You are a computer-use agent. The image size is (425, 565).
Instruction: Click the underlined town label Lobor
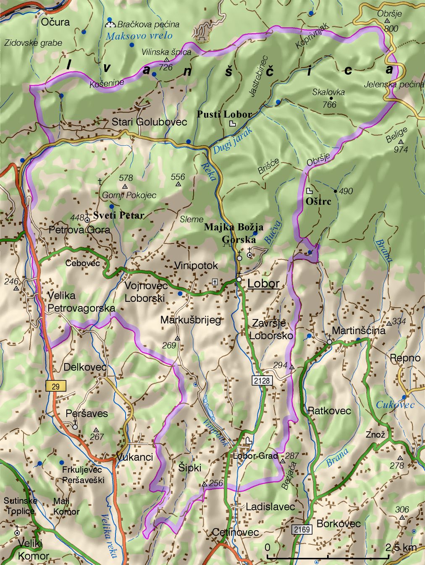263,283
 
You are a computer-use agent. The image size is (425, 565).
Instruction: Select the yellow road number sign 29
56,386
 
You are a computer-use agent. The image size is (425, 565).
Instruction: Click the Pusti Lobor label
225,114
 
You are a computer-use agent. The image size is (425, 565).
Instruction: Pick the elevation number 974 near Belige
401,149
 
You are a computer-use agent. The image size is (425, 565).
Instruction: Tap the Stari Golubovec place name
149,122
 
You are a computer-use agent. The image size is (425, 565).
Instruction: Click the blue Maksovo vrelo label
139,36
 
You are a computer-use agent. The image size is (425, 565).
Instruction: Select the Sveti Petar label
119,215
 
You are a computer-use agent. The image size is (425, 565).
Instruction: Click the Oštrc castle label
318,201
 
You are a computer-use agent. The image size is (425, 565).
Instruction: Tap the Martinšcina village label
358,330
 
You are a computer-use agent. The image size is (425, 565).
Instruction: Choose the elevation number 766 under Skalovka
329,104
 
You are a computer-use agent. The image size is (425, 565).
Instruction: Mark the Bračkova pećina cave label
148,24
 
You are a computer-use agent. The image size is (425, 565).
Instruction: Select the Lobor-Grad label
255,456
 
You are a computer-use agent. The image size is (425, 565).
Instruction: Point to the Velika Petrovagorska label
81,302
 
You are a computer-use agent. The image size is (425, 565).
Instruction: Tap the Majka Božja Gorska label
234,233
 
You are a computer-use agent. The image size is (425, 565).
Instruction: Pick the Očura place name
55,22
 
